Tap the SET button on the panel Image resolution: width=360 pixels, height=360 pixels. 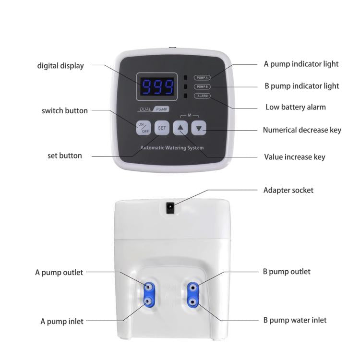162,128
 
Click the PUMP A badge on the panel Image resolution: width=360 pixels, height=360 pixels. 202,77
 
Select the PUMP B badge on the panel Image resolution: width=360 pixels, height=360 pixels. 202,87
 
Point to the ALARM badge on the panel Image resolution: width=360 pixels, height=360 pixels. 202,96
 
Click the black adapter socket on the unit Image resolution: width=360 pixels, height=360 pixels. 169,207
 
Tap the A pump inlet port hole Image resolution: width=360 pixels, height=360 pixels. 149,301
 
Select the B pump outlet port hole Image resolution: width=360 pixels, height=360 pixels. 193,288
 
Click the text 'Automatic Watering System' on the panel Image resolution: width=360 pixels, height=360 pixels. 172,148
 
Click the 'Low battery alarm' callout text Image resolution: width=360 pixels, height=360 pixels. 295,107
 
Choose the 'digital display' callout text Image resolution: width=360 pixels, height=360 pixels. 60,66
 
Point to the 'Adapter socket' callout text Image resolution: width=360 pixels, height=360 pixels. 288,190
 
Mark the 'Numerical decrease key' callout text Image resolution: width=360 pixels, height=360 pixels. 302,130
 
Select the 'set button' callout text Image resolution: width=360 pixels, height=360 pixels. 65,156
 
